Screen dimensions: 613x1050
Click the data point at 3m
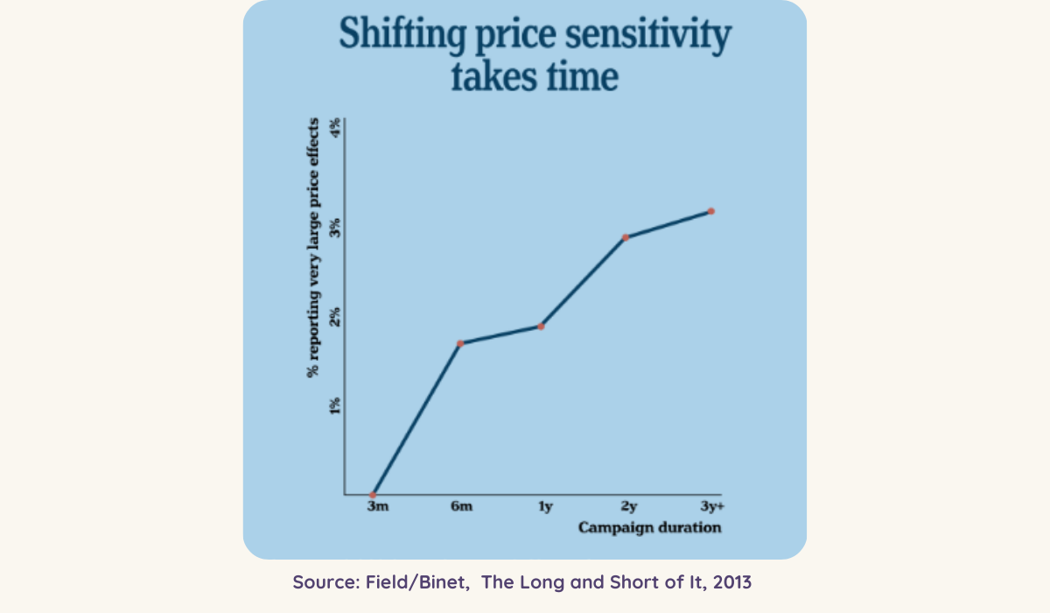click(374, 495)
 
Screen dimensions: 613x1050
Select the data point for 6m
click(460, 343)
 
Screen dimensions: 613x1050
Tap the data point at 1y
click(541, 327)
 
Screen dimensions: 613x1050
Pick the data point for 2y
click(626, 237)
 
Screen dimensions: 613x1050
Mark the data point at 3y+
click(711, 211)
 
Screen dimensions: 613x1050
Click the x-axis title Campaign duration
click(649, 528)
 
